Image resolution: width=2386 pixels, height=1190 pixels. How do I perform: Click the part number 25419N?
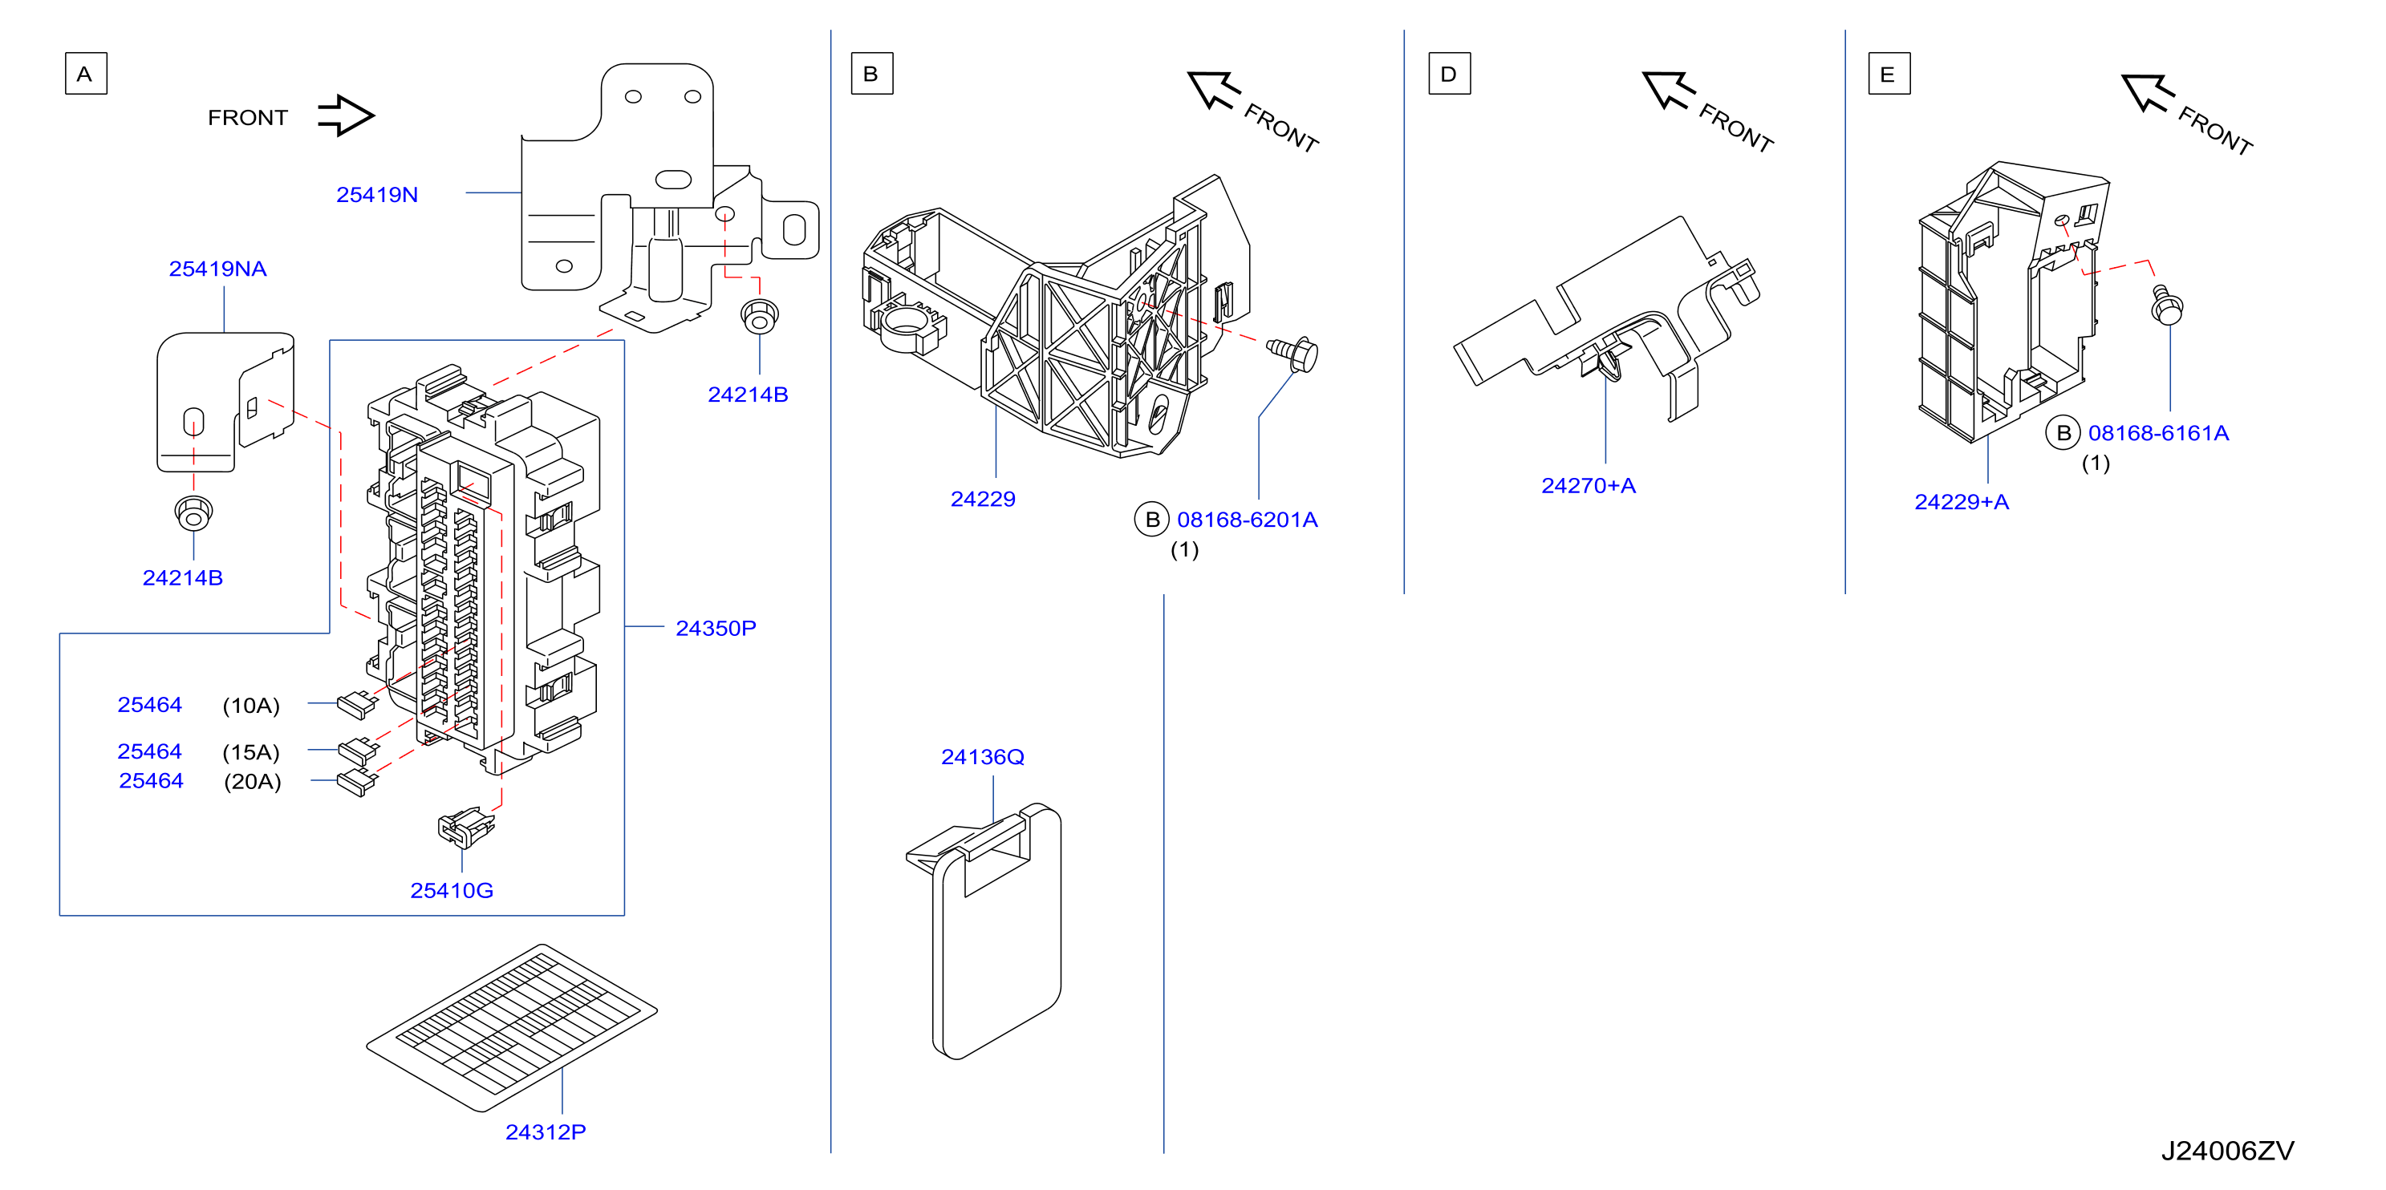pos(377,195)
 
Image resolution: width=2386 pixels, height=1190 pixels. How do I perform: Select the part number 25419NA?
pos(217,269)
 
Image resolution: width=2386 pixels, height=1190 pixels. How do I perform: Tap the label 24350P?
pos(716,628)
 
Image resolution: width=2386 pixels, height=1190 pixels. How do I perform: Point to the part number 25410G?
pos(452,890)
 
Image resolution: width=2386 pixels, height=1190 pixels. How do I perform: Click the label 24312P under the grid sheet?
pos(546,1131)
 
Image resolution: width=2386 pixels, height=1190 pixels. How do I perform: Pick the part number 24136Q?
pos(983,757)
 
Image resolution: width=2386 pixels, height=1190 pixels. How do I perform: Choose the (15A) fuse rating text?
pos(251,752)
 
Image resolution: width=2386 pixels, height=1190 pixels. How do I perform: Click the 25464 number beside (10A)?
pos(150,705)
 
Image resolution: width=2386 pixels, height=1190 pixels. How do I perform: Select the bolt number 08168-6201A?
pos(1247,520)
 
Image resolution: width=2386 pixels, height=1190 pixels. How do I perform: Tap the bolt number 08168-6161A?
pos(2158,432)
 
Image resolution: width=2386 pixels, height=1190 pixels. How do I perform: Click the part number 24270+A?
pos(1589,485)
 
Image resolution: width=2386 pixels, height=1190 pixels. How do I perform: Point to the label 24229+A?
pos(1962,502)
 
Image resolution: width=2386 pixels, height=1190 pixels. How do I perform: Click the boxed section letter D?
pos(1450,74)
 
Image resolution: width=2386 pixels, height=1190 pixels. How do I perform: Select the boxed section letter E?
pos(1889,74)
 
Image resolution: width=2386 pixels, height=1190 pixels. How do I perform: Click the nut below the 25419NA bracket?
pos(193,512)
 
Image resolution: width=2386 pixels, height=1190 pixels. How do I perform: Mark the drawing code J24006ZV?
pos(2228,1151)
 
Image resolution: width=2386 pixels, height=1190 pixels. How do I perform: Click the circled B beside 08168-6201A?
pos(1152,520)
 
